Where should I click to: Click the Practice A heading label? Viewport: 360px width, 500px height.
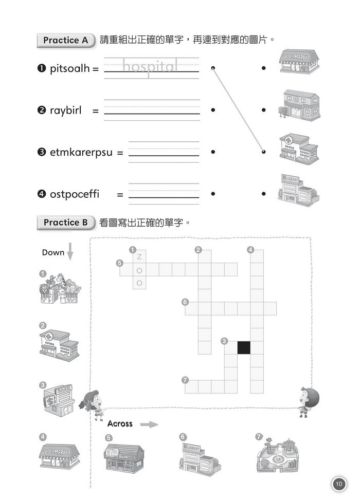[x=66, y=40]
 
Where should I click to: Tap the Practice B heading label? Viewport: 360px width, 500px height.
[x=66, y=223]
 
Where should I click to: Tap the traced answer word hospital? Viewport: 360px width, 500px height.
[x=150, y=66]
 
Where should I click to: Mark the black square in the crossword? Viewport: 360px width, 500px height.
[x=244, y=347]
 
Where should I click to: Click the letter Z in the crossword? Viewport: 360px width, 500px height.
[x=139, y=256]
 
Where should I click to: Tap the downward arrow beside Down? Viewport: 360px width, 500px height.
[x=71, y=252]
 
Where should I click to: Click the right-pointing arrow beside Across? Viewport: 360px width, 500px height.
[x=149, y=424]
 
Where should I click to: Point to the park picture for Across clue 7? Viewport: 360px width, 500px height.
[x=278, y=455]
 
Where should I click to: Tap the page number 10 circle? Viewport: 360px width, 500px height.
[x=338, y=484]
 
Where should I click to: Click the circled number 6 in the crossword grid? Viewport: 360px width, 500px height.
[x=185, y=302]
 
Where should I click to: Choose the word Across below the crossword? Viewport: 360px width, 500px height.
[x=120, y=424]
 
